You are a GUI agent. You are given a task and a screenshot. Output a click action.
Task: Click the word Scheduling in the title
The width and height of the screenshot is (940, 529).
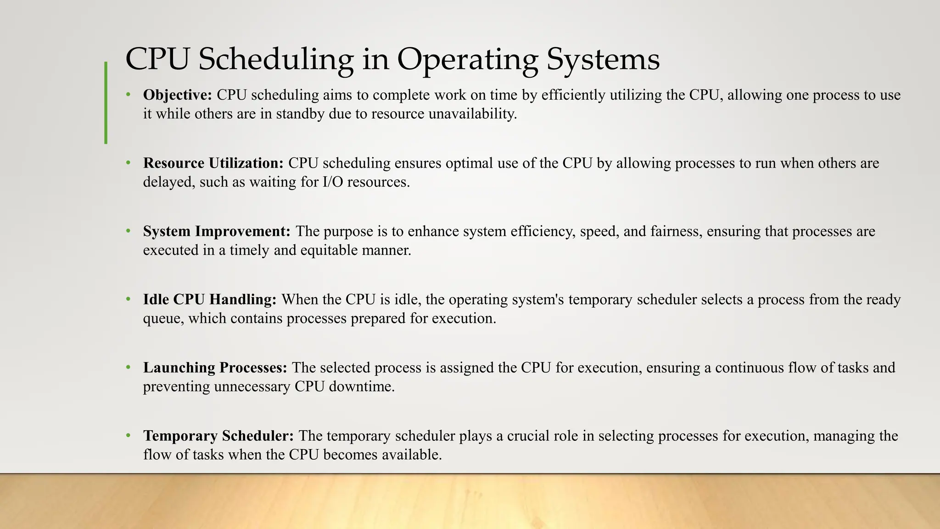point(275,60)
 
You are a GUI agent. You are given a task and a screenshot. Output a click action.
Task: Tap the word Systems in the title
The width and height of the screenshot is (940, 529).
point(603,60)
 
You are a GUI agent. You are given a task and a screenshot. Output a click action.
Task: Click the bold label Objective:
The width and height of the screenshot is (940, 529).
point(177,95)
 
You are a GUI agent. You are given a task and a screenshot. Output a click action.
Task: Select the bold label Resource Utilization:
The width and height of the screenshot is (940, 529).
point(213,163)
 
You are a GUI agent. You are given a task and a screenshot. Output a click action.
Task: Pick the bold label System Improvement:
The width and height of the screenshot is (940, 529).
point(217,231)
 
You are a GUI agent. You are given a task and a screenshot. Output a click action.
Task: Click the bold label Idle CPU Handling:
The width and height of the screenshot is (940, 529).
point(210,299)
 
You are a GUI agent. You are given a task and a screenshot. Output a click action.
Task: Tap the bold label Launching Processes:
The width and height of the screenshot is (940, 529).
point(215,367)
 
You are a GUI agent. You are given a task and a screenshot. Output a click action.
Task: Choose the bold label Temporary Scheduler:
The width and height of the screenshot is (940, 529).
point(218,435)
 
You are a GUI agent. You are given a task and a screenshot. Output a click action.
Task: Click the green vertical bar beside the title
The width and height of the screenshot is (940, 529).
point(106,103)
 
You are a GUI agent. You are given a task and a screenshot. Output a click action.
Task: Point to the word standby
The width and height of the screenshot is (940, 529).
point(300,113)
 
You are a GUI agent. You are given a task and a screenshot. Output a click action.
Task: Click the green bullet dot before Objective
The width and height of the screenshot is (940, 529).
point(129,95)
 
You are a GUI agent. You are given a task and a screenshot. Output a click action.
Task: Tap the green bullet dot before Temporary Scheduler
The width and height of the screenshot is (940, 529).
point(129,435)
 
